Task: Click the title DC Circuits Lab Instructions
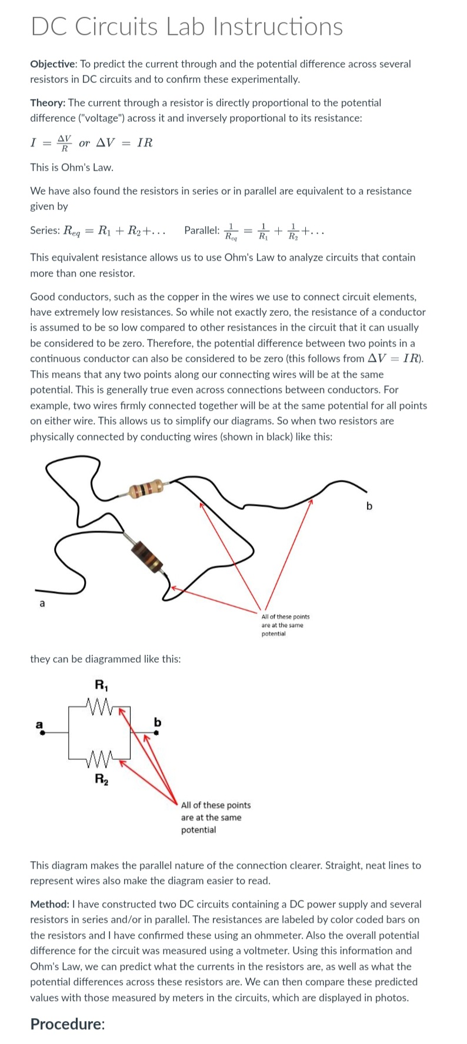[186, 26]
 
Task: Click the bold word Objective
[52, 64]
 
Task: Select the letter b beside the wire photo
[369, 506]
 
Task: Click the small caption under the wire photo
[285, 625]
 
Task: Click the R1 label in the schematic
[101, 685]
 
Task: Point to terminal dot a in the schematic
[40, 733]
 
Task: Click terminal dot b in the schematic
[156, 733]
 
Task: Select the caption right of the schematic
[215, 818]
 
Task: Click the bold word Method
[49, 905]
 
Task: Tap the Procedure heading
[68, 1024]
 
